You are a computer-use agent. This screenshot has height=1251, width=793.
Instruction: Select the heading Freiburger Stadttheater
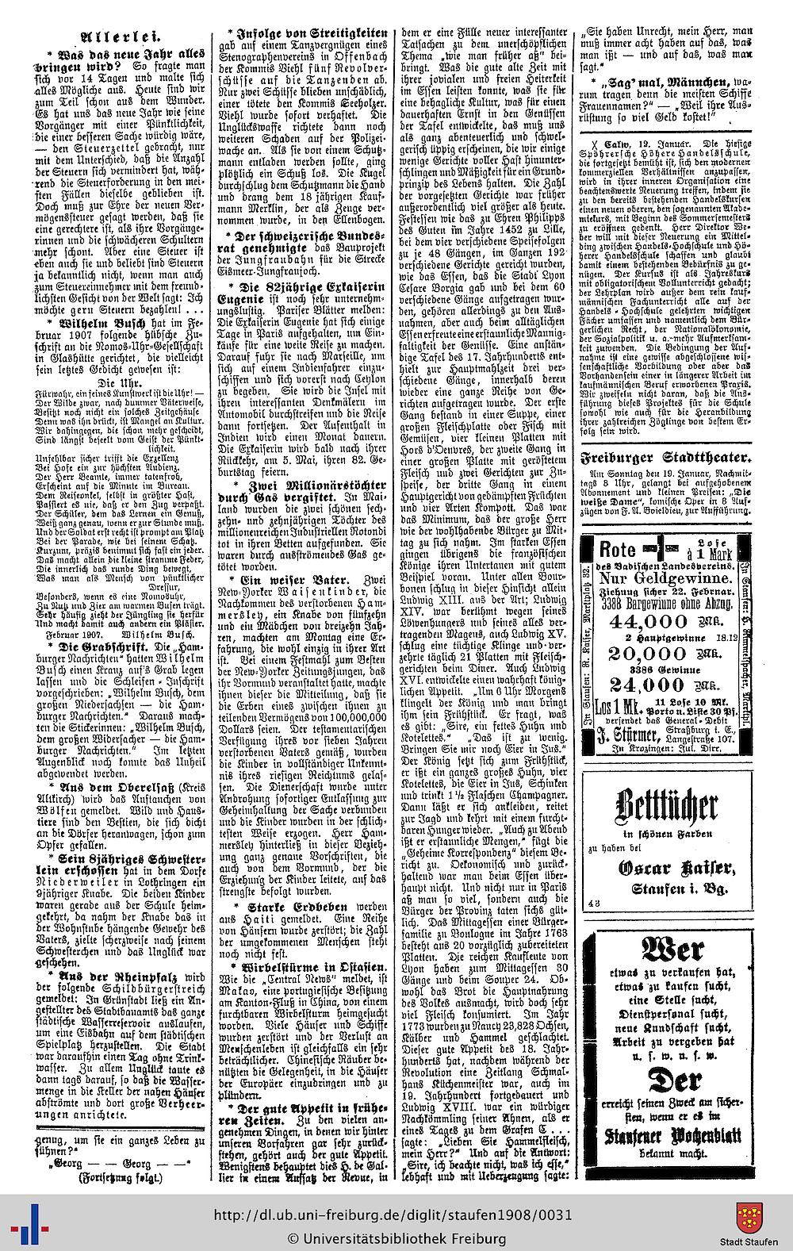664,458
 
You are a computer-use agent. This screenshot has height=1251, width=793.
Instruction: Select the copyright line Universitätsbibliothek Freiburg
396,1238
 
